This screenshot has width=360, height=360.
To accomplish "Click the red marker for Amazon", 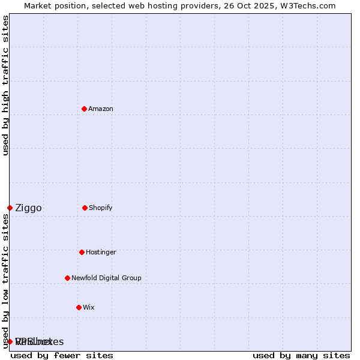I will coord(84,109).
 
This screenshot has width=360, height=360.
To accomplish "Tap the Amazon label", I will coord(101,109).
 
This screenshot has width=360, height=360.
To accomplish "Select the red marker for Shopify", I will coord(85,208).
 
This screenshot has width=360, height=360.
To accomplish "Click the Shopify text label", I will coord(101,208).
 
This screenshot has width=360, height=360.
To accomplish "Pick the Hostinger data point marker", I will coord(82,252).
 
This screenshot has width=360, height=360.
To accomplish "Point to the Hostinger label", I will coord(101,253).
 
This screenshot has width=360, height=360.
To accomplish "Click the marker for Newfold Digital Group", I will coord(67,278).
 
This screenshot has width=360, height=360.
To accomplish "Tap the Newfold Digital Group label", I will coord(106,278).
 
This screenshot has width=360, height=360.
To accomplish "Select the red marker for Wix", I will coord(79,307).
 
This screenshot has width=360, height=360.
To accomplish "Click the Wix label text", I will coord(89,308).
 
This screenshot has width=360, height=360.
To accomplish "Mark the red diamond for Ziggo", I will coord(10,208).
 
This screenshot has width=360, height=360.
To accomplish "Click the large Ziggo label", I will coord(28,208).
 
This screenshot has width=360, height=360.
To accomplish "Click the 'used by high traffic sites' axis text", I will coord(6,85).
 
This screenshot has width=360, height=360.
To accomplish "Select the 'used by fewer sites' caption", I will coord(62,355).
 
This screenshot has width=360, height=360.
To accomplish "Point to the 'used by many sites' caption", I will coord(301,355).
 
